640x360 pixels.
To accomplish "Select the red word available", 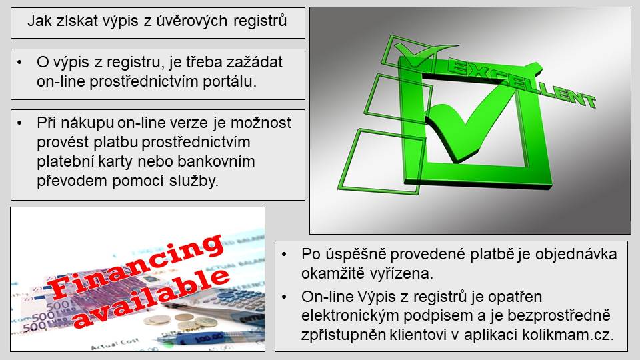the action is tap(152, 298).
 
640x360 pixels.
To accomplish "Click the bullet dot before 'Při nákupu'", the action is tap(19, 123).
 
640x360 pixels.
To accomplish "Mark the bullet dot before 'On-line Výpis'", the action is tap(284, 297).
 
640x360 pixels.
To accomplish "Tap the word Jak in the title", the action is tap(39, 21).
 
